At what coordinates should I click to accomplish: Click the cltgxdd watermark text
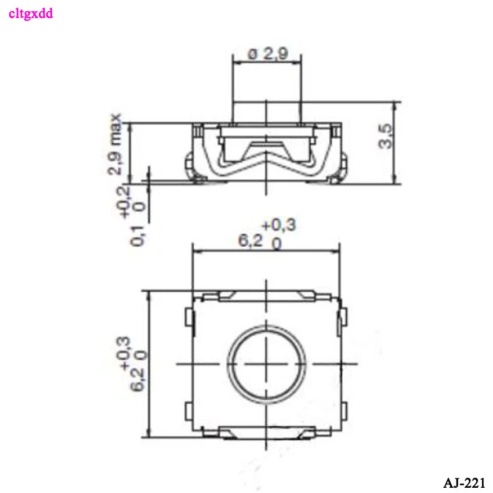click(31, 13)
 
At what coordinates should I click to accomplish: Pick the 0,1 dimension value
click(137, 235)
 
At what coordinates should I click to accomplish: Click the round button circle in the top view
click(266, 364)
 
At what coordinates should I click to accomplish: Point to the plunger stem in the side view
click(266, 112)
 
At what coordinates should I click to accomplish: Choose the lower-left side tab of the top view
click(189, 411)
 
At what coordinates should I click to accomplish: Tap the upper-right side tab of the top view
click(343, 317)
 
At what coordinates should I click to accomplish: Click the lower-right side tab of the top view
click(343, 411)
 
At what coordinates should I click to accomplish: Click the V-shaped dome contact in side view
click(266, 152)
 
